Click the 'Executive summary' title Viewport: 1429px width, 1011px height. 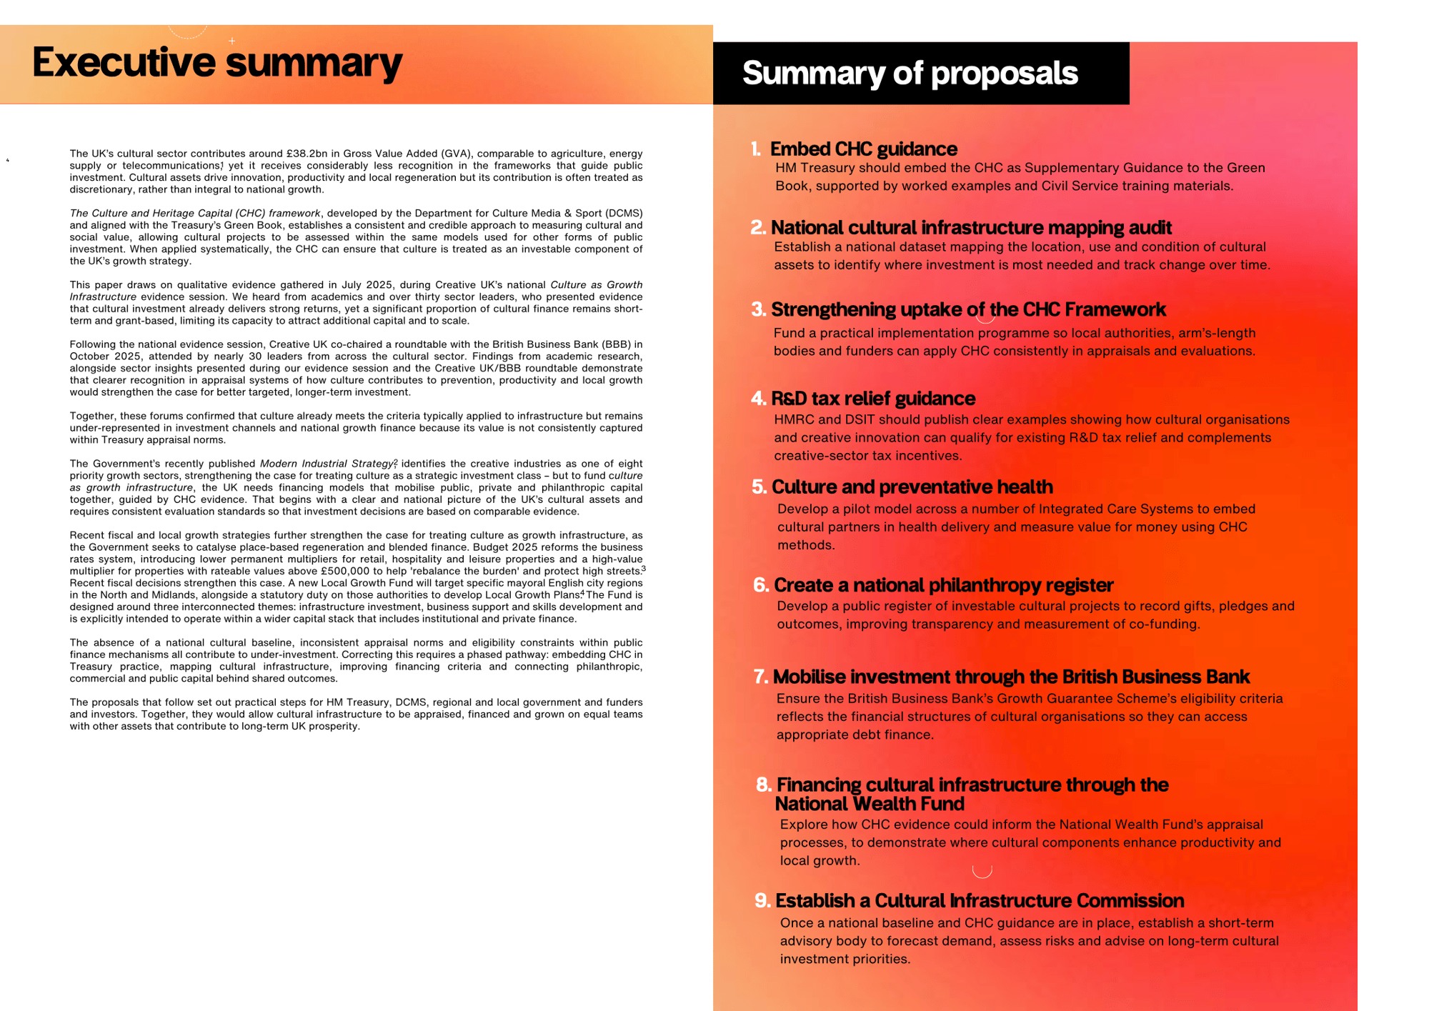217,63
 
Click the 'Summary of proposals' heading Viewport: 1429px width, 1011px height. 910,73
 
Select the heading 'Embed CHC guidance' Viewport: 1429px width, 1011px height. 863,149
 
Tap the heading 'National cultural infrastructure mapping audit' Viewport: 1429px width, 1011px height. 971,227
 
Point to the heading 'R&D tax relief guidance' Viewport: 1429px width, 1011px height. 872,398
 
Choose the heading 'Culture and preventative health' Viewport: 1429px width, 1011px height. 912,487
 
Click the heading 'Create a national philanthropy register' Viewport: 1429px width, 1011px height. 943,585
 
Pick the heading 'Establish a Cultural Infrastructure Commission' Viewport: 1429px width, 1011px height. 979,900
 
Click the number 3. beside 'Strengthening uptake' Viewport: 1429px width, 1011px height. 758,309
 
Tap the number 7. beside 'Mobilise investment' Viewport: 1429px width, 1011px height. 760,677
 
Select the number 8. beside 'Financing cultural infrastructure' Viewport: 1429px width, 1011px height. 763,785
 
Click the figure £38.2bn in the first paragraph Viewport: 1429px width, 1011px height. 307,154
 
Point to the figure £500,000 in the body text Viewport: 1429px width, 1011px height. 345,571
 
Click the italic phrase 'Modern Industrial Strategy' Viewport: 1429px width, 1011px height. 326,464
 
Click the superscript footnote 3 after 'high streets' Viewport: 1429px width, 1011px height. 643,569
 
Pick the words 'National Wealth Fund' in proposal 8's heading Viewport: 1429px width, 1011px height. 870,804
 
